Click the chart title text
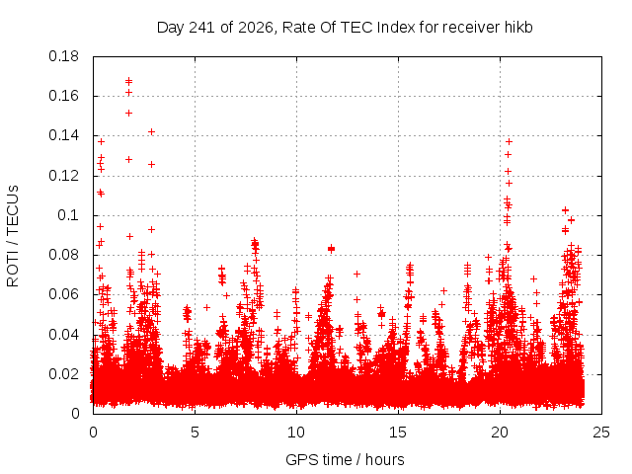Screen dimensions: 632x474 (345, 28)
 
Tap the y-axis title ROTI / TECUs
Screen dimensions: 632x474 (13, 236)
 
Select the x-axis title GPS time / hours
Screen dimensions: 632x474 (345, 459)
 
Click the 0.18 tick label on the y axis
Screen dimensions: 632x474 (63, 56)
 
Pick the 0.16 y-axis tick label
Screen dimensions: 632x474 (63, 96)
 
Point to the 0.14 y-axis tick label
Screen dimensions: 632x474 (63, 136)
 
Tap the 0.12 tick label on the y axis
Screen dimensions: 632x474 (63, 176)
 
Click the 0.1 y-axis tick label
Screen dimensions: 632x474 (68, 215)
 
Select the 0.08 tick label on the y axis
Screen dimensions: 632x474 (63, 255)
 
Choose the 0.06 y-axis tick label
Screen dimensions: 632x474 (63, 294)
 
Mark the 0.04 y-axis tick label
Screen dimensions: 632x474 (63, 335)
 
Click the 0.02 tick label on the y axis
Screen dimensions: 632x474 (63, 374)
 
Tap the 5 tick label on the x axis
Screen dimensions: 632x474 (196, 433)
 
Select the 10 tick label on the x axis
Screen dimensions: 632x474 (296, 433)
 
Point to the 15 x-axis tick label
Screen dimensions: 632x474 (398, 433)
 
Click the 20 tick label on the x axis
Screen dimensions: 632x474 (500, 433)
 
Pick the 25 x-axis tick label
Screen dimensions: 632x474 (601, 433)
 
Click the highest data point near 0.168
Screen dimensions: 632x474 (129, 81)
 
